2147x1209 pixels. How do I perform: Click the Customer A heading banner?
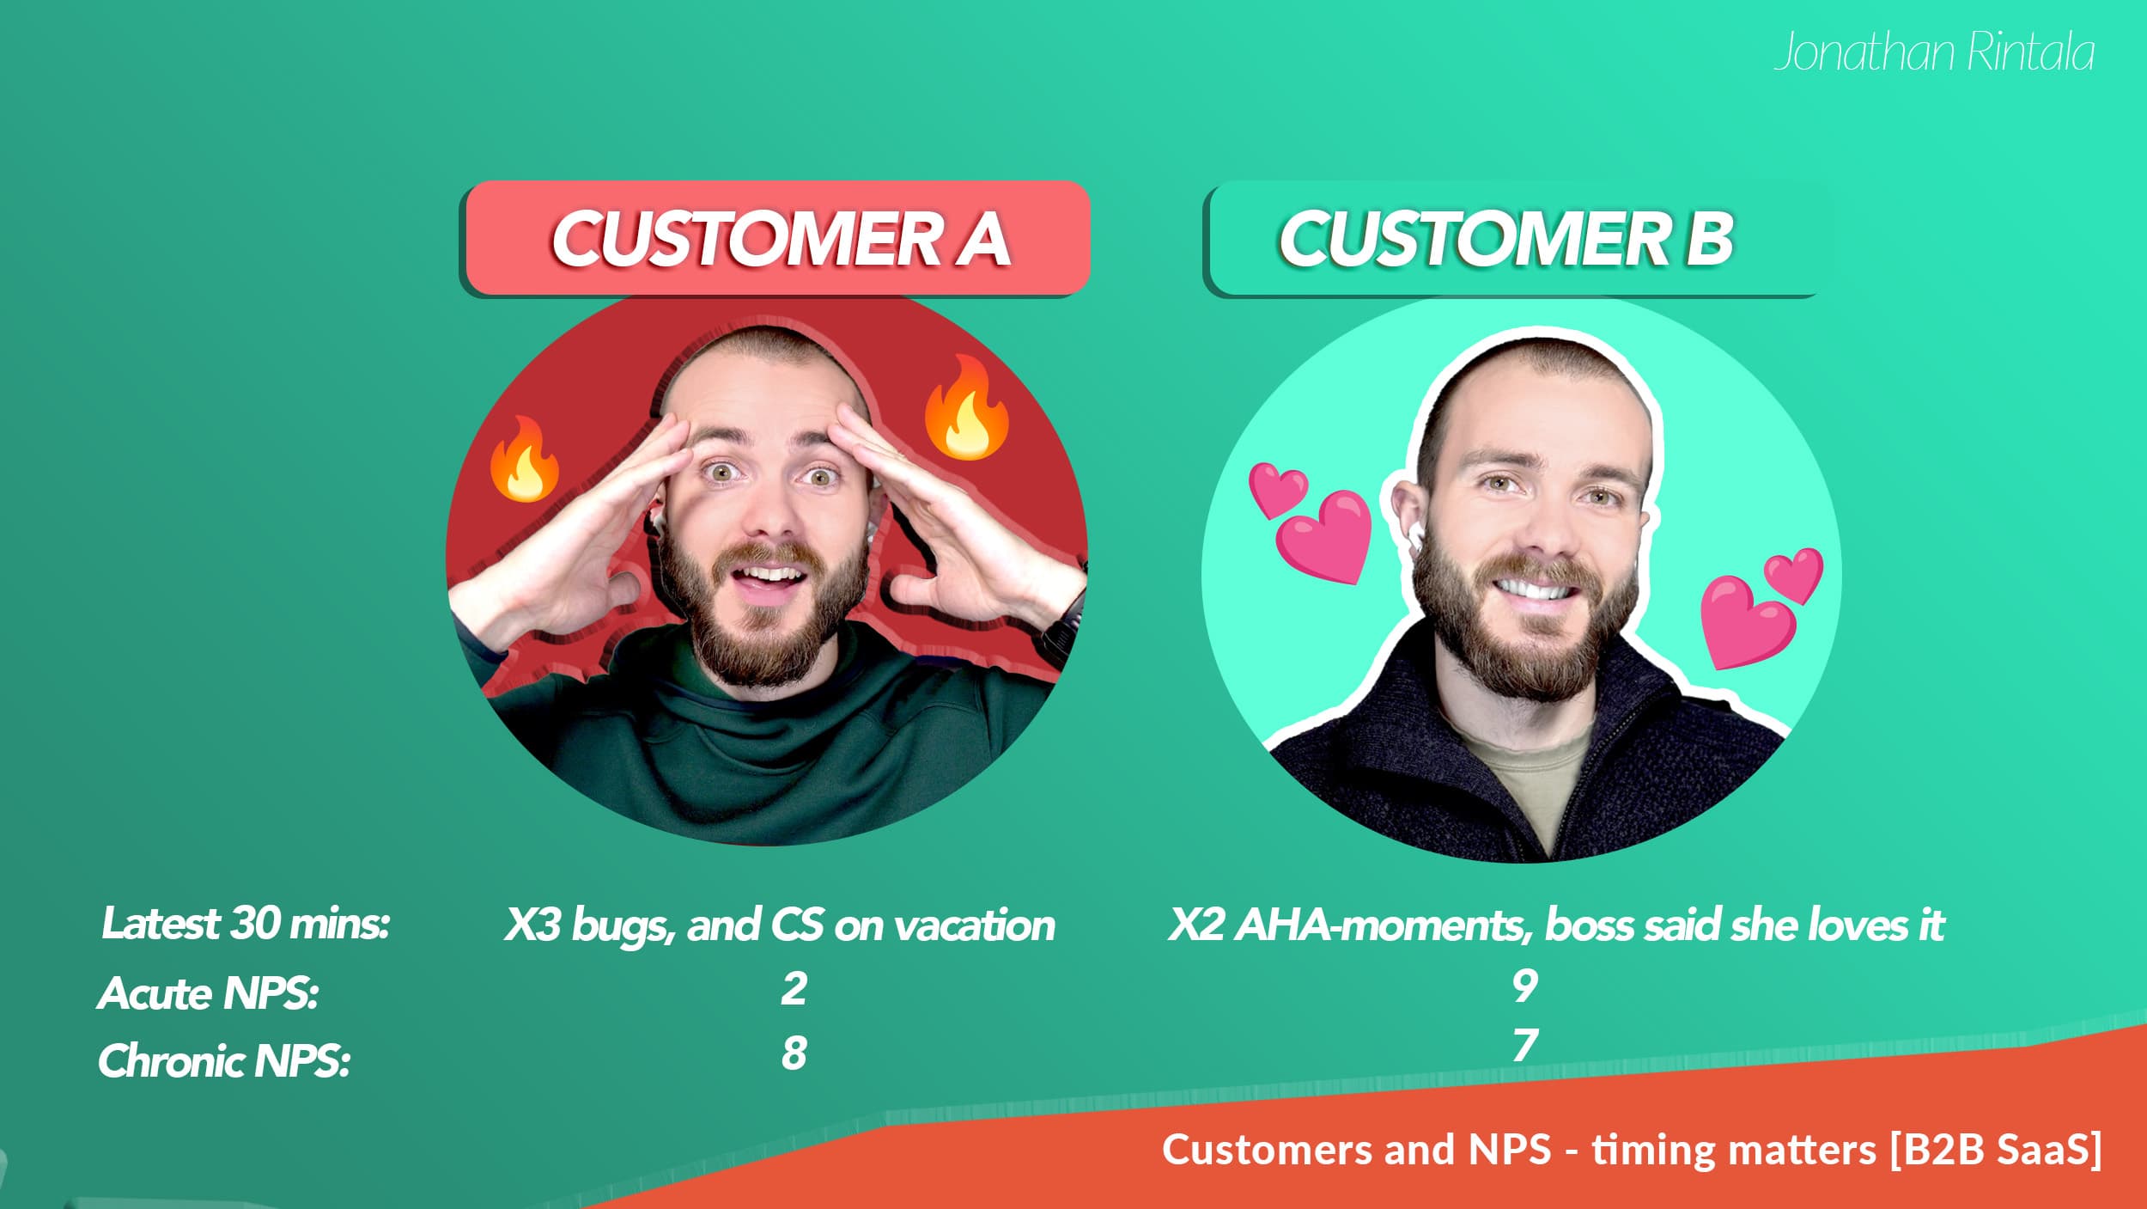click(x=776, y=238)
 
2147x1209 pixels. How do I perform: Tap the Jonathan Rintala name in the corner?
click(x=1934, y=52)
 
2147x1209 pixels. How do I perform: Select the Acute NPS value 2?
click(x=794, y=988)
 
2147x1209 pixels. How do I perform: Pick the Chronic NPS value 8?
click(x=794, y=1053)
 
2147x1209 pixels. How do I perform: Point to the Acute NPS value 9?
click(x=1524, y=986)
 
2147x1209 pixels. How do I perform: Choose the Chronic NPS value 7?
click(x=1524, y=1046)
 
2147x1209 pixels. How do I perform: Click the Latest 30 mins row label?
click(x=246, y=925)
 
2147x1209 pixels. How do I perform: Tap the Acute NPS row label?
click(x=208, y=994)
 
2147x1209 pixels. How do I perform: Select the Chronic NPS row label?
click(x=224, y=1061)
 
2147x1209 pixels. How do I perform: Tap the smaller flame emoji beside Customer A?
click(x=524, y=459)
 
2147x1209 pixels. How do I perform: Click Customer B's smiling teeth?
click(x=1535, y=589)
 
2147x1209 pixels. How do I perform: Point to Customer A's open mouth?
click(x=769, y=579)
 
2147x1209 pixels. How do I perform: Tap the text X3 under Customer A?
click(x=532, y=925)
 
